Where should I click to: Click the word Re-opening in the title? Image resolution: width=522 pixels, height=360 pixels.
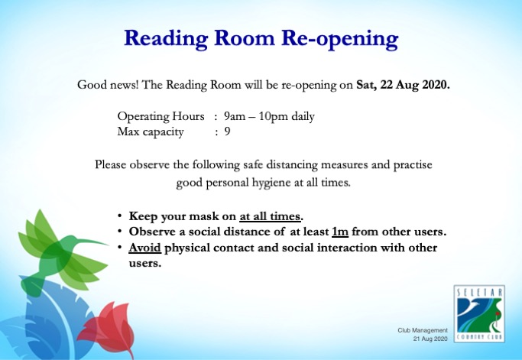click(x=340, y=39)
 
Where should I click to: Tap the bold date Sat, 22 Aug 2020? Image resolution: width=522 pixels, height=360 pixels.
click(x=403, y=85)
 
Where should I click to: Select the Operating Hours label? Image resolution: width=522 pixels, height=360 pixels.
click(x=160, y=116)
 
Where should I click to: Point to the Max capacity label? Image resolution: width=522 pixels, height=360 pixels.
click(x=151, y=132)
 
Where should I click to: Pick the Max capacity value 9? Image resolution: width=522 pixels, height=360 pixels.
click(x=228, y=131)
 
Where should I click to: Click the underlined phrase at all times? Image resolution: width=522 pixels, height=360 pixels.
click(x=270, y=216)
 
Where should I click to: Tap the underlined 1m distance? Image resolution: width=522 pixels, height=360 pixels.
click(x=340, y=232)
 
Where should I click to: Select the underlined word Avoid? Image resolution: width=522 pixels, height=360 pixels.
click(x=144, y=248)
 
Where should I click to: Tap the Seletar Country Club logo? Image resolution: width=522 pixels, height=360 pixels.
click(x=479, y=313)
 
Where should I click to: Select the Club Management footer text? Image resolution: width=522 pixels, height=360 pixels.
click(x=423, y=330)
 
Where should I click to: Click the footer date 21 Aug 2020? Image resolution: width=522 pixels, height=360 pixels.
click(x=430, y=339)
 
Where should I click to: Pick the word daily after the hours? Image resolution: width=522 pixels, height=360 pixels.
click(x=303, y=117)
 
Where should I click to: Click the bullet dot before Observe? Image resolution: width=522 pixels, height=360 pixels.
click(x=119, y=232)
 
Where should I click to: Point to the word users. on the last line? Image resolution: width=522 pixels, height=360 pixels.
click(x=145, y=263)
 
